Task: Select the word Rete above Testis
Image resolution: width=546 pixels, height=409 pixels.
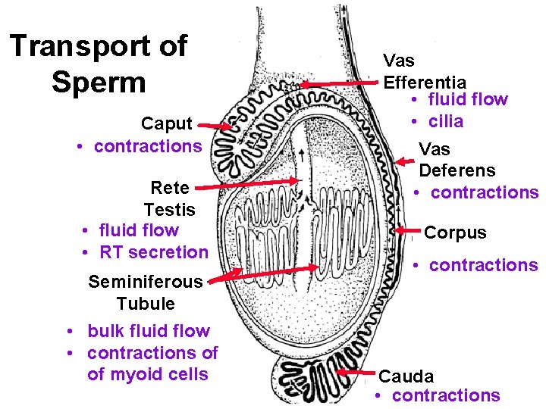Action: [170, 187]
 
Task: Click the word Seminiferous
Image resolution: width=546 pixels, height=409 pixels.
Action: [146, 282]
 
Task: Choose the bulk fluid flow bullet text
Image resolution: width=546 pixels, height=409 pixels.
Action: [149, 331]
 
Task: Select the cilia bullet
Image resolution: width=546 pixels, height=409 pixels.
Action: [447, 121]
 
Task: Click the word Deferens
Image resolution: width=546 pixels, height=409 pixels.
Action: [457, 170]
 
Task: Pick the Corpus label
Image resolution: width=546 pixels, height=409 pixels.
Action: [456, 233]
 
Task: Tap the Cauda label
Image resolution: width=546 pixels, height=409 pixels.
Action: [406, 376]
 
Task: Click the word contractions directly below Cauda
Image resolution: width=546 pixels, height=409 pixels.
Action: [446, 395]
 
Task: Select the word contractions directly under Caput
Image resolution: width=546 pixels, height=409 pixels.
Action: [148, 146]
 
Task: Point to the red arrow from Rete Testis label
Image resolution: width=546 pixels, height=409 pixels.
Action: [250, 182]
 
